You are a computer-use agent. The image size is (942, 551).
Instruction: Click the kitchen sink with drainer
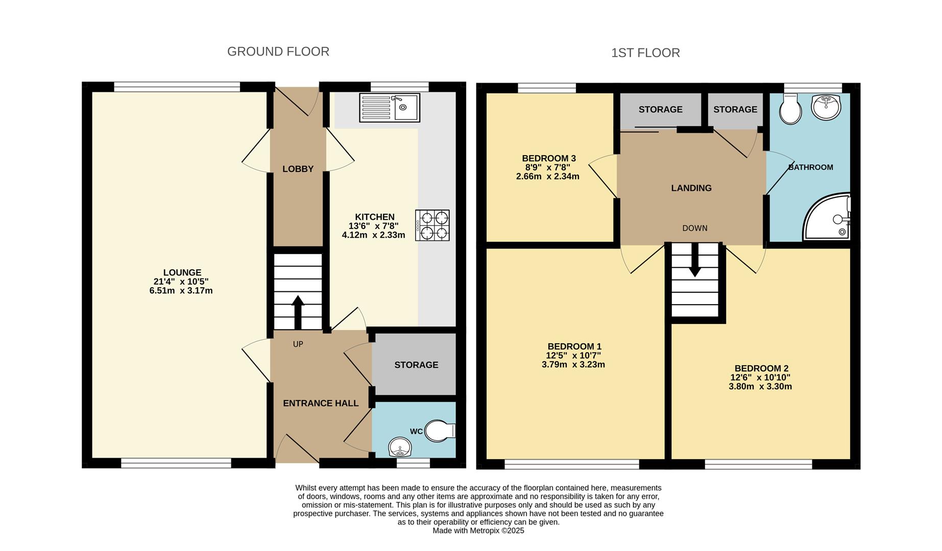click(390, 108)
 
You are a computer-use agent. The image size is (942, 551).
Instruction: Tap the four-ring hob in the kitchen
click(432, 226)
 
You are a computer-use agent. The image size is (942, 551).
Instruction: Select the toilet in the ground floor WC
click(440, 431)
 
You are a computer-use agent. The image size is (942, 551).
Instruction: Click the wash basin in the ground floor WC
click(400, 448)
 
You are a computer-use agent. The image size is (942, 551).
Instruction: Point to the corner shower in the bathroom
click(827, 217)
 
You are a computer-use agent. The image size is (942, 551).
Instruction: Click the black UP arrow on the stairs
click(298, 313)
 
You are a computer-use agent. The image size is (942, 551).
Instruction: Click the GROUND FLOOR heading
click(278, 52)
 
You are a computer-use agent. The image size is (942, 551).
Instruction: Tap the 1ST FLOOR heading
click(645, 53)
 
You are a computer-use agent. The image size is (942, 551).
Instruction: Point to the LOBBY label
click(298, 169)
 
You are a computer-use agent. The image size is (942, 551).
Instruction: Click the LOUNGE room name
click(182, 272)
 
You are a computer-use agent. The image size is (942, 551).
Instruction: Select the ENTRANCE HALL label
click(321, 403)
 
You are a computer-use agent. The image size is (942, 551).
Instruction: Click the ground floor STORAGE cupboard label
click(416, 365)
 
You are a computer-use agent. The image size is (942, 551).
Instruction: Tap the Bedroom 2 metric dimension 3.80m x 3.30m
click(760, 387)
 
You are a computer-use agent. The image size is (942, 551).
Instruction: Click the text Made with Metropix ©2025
click(478, 531)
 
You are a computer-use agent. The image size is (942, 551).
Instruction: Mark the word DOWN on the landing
click(695, 228)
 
